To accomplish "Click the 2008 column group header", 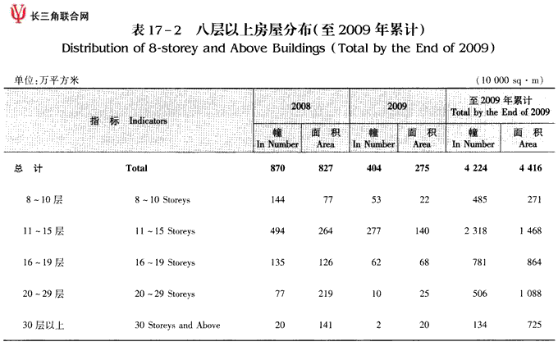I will pyautogui.click(x=300, y=107).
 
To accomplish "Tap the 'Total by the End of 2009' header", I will pyautogui.click(x=500, y=106).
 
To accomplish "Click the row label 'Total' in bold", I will pyautogui.click(x=136, y=169).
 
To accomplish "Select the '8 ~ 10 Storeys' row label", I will pyautogui.click(x=166, y=200).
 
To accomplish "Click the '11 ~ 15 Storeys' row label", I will pyautogui.click(x=166, y=231).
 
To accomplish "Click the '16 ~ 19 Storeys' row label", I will pyautogui.click(x=166, y=262).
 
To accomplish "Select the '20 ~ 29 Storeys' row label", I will pyautogui.click(x=166, y=294).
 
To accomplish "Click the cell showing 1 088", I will pyautogui.click(x=524, y=294).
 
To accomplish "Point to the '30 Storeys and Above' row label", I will pyautogui.click(x=178, y=325).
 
